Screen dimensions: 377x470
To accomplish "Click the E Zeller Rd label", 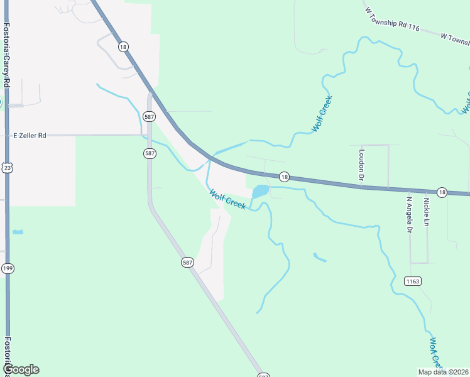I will [30, 135].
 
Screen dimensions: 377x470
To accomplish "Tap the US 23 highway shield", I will [6, 167].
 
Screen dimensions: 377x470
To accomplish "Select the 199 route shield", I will [7, 268].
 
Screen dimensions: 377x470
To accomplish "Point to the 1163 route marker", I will [412, 281].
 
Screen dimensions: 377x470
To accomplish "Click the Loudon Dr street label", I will [362, 165].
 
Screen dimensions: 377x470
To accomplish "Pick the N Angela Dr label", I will [408, 215].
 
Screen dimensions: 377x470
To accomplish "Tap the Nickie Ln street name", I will [427, 212].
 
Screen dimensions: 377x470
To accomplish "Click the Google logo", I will [21, 369].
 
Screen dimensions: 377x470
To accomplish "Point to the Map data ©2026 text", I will [442, 371].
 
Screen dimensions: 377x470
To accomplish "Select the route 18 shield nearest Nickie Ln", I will [442, 192].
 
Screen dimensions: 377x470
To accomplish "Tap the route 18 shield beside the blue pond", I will [284, 177].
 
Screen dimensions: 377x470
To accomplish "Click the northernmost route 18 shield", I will [123, 46].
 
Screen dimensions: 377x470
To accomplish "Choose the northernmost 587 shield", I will [149, 116].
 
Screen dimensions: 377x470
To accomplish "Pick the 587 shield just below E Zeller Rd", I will [149, 153].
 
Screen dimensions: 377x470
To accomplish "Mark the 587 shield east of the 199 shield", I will [188, 261].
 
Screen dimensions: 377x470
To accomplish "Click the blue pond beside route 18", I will [260, 190].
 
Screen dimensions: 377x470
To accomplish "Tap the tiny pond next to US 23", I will [18, 232].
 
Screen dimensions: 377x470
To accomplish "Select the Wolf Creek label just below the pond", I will [227, 200].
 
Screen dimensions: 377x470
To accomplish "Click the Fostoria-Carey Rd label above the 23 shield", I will [6, 55].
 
